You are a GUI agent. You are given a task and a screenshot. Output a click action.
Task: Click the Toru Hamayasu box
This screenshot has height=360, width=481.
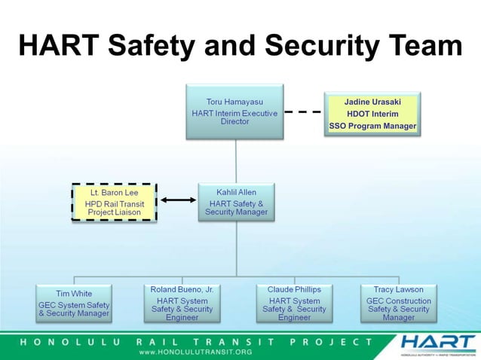pyautogui.click(x=234, y=111)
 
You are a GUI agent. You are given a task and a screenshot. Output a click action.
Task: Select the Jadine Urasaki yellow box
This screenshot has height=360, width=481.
pyautogui.click(x=372, y=114)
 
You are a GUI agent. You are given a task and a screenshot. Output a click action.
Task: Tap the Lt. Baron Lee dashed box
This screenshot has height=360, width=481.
pyautogui.click(x=114, y=203)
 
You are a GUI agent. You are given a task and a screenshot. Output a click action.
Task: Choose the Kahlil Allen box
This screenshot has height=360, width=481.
pyautogui.click(x=236, y=202)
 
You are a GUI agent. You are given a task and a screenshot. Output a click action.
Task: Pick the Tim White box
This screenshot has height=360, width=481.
pyautogui.click(x=74, y=303)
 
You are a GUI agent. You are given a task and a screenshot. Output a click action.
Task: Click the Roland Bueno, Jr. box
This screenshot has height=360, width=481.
pyautogui.click(x=182, y=303)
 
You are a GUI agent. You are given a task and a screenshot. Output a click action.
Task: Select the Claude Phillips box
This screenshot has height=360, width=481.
pyautogui.click(x=294, y=303)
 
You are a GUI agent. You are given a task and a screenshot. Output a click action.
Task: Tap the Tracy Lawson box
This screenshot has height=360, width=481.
pyautogui.click(x=398, y=303)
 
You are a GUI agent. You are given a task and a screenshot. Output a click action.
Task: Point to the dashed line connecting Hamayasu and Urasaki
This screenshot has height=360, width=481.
pyautogui.click(x=303, y=111)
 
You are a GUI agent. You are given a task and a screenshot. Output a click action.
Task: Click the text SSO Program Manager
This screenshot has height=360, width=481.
pyautogui.click(x=372, y=126)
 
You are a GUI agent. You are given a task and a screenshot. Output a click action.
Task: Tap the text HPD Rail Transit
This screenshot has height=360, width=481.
pyautogui.click(x=114, y=203)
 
